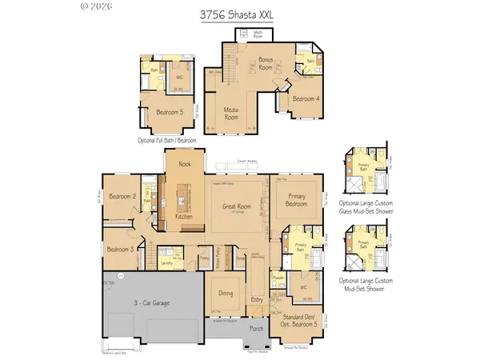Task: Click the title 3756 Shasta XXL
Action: point(240,13)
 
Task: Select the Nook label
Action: point(185,164)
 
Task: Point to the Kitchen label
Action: point(185,217)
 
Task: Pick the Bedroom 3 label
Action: point(120,248)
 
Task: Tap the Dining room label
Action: point(226,294)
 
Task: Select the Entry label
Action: point(257,300)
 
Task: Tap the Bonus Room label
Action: point(266,64)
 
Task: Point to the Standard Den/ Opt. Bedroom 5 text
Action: point(300,326)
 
